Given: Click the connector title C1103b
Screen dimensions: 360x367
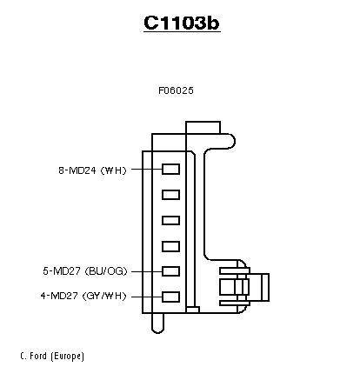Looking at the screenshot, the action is [182, 23].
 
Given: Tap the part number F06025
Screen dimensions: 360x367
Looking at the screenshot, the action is [176, 90].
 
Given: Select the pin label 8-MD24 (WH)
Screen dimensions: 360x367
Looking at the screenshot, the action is [93, 170].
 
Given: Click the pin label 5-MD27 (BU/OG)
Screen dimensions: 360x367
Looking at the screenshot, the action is [85, 271].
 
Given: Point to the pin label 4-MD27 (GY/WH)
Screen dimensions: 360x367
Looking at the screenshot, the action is [83, 296].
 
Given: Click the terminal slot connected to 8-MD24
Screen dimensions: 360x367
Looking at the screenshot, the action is [170, 169].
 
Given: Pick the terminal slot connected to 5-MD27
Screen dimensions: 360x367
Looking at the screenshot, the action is [170, 271].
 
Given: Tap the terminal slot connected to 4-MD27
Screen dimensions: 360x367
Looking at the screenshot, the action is [170, 297].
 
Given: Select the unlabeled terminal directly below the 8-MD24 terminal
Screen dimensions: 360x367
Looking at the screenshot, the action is [170, 195].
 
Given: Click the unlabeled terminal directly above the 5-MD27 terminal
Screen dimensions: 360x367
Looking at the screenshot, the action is [170, 246].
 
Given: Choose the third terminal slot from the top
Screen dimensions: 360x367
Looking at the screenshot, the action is [170, 221].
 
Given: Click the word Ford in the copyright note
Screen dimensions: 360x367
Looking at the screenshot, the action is [38, 356].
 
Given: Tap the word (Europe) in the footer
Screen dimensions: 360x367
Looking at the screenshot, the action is [67, 356].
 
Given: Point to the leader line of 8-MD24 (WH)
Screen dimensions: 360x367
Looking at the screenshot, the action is [147, 169].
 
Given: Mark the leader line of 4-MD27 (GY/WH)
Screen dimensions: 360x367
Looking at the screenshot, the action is [147, 297].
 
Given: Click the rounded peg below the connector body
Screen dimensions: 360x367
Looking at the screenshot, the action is [157, 324].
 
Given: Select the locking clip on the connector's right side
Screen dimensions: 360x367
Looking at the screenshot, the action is [244, 287].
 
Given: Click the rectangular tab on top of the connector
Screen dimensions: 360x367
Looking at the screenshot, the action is [203, 128].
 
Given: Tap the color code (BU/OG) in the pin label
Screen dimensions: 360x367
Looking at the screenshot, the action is [106, 271].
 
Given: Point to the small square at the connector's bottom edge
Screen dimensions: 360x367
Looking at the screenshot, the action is [192, 310].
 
